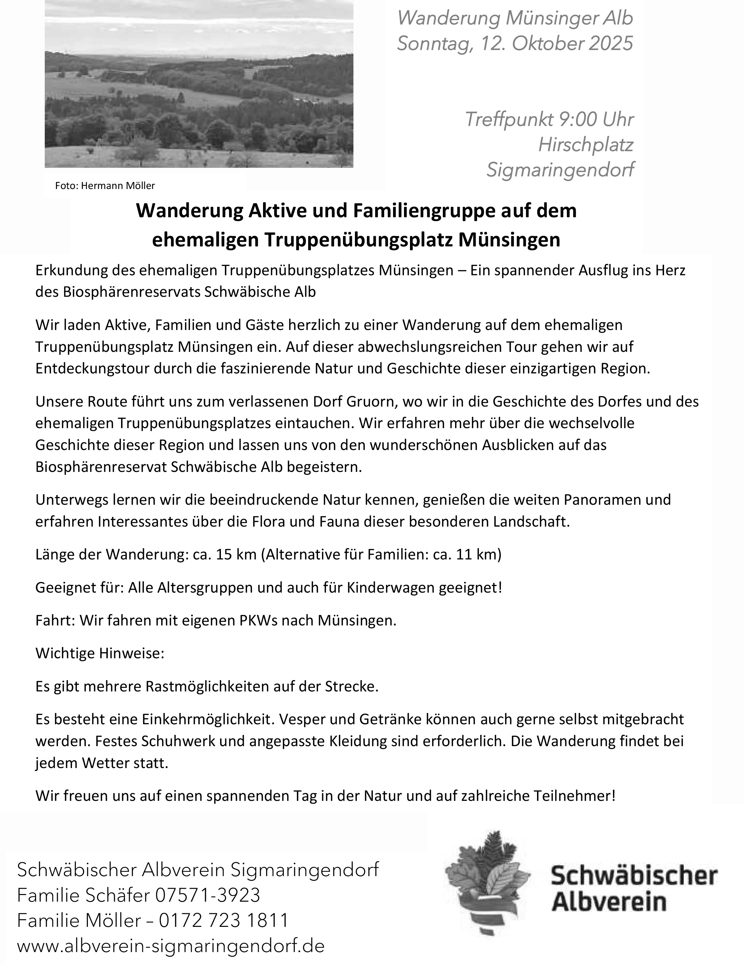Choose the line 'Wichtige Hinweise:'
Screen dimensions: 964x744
100,653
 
